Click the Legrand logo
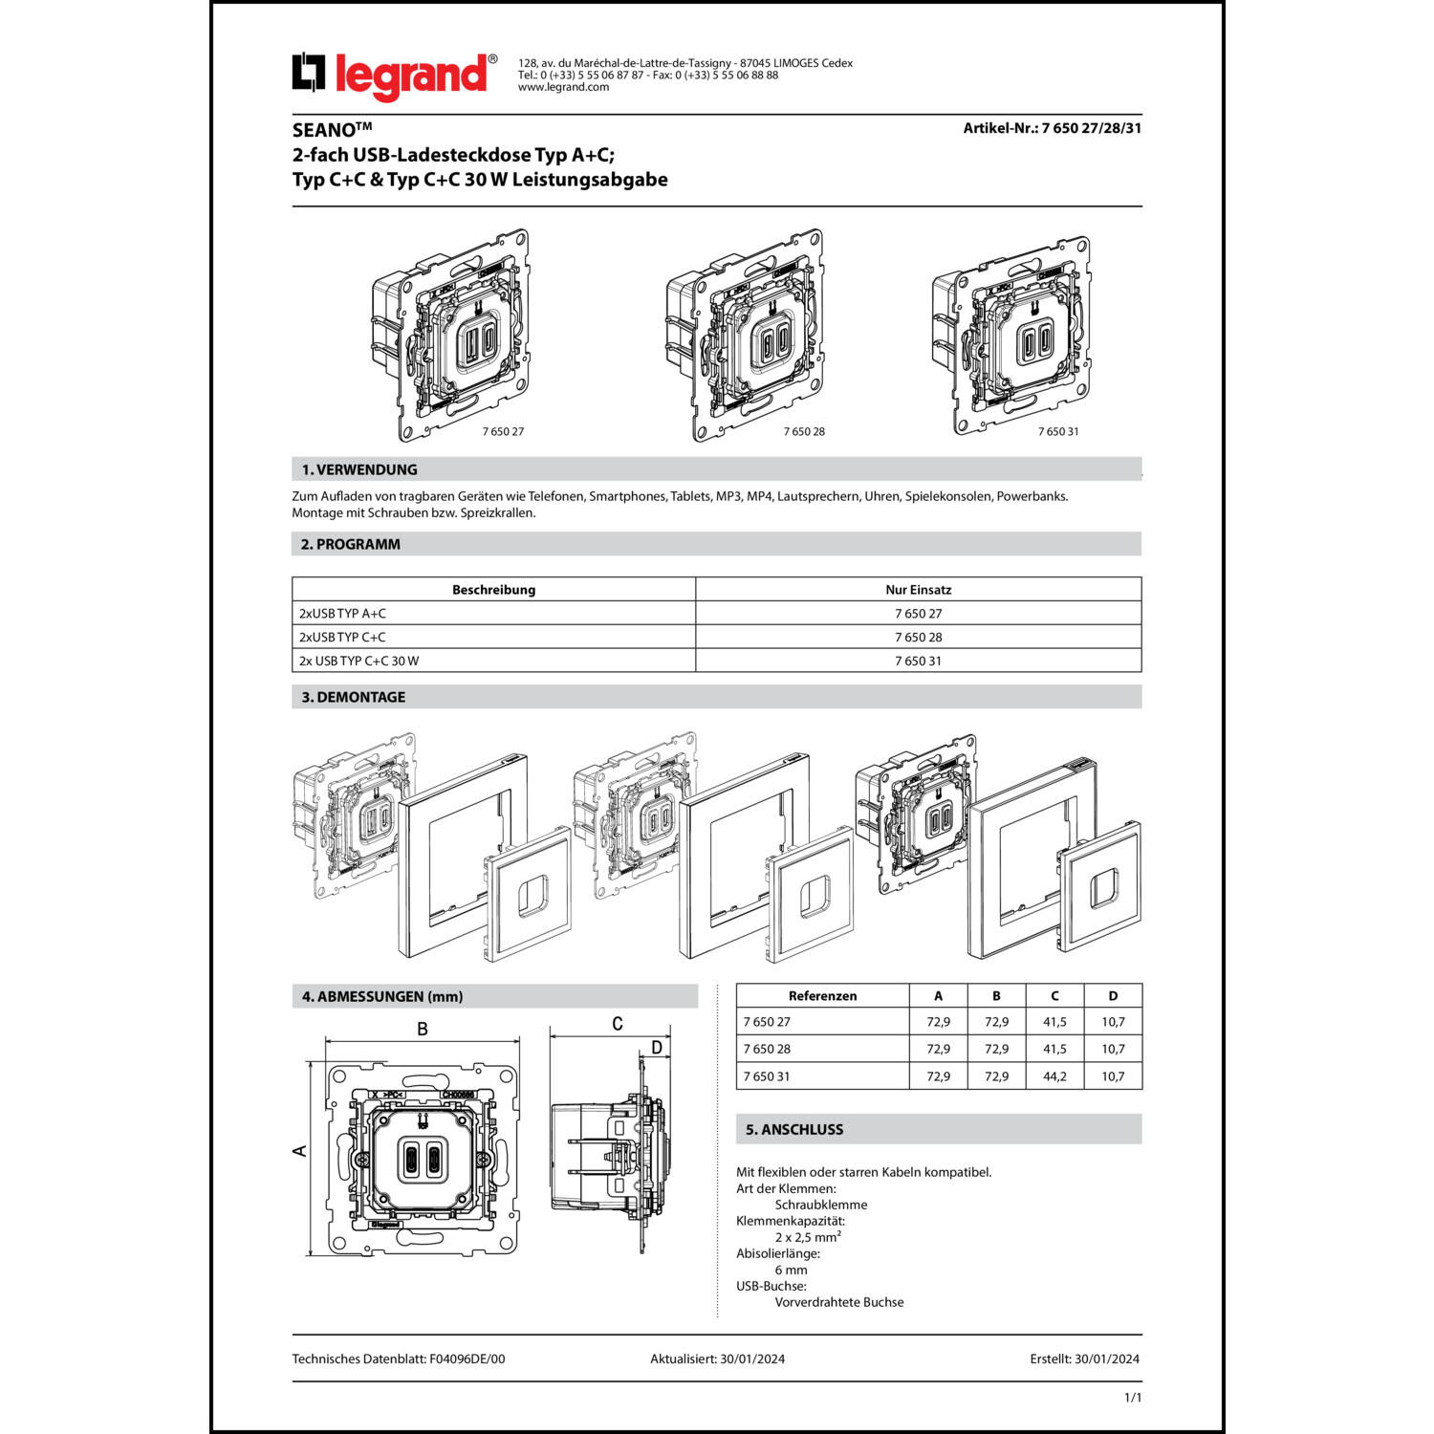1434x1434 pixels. pos(393,75)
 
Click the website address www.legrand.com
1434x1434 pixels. pos(563,87)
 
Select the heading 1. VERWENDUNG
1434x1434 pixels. pos(359,469)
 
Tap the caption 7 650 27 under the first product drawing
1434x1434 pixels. pos(503,431)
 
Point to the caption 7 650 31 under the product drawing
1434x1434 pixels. pos(1058,431)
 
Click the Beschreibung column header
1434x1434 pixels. pos(493,590)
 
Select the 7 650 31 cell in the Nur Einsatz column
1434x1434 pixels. pos(918,661)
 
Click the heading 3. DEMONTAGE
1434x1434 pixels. pos(354,697)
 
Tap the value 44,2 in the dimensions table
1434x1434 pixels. pos(1054,1076)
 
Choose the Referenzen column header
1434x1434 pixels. pos(822,996)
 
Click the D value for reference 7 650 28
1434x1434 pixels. pos(1113,1049)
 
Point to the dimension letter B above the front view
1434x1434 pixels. pos(423,1029)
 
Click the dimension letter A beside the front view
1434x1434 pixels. pos(300,1150)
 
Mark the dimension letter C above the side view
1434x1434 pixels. pos(618,1024)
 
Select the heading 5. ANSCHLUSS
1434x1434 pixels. pos(794,1129)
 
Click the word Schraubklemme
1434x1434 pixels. pos(821,1205)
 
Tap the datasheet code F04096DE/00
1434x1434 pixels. pos(467,1358)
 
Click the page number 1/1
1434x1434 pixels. pos(1133,1398)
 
